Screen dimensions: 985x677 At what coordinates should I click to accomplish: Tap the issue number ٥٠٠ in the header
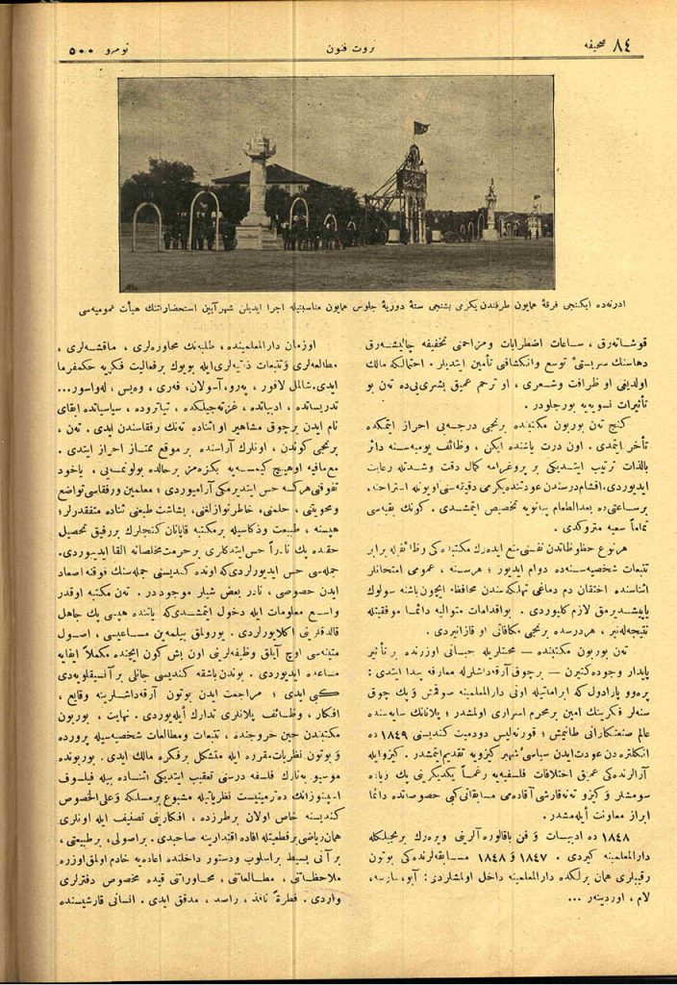pos(79,49)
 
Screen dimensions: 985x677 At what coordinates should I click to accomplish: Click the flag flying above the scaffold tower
pos(419,127)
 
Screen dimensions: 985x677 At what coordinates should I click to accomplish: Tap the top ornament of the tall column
pos(259,145)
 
